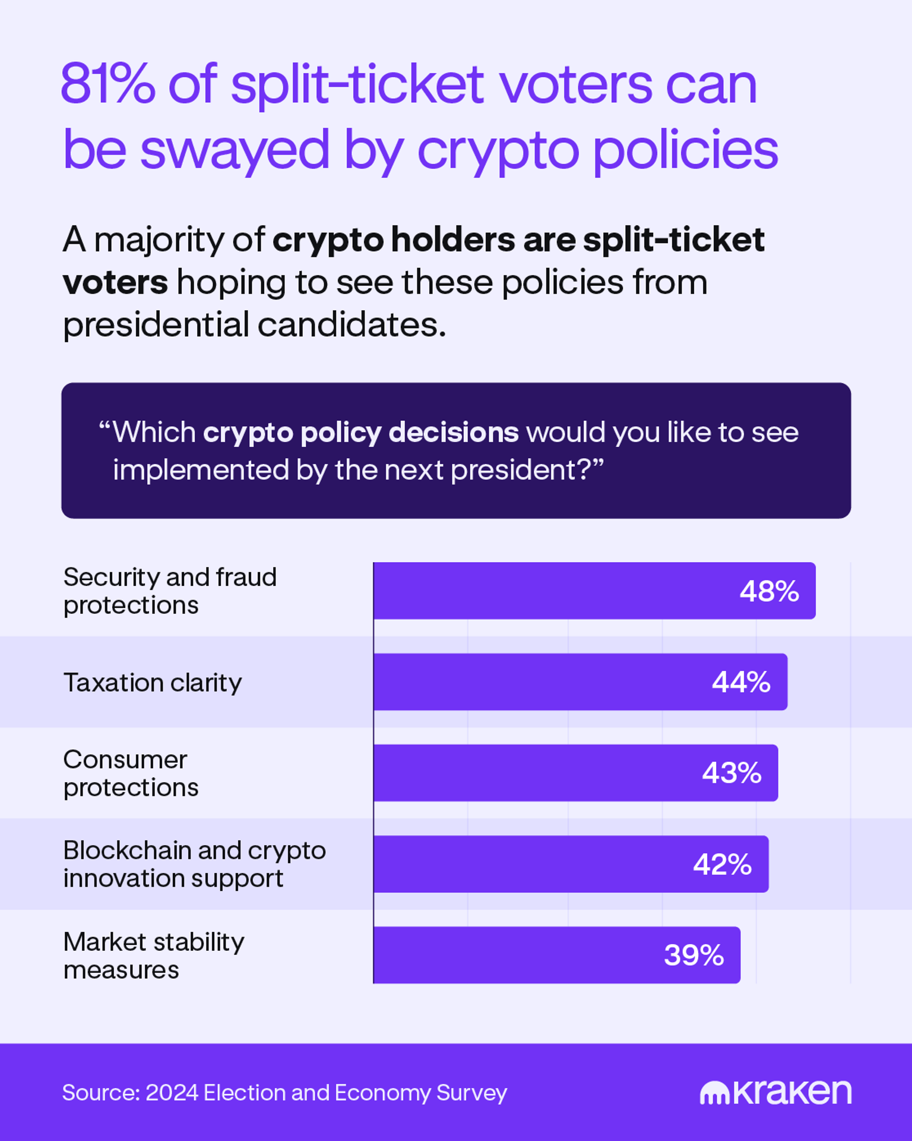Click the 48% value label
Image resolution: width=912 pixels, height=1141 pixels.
click(x=769, y=591)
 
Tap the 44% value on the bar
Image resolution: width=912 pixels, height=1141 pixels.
click(x=741, y=682)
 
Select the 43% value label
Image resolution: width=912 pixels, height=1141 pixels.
click(x=731, y=773)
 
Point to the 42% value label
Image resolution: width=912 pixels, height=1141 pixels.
click(x=722, y=864)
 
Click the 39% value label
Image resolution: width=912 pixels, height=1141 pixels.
click(x=693, y=956)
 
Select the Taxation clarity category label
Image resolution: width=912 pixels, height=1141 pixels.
click(x=153, y=683)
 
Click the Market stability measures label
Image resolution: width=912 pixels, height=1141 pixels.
click(x=153, y=956)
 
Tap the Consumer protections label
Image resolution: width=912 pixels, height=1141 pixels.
click(x=131, y=773)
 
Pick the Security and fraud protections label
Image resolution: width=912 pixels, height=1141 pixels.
click(x=170, y=591)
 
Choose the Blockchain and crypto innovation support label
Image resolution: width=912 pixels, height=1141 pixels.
click(x=194, y=864)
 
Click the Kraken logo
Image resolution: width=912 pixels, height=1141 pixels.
click(x=775, y=1092)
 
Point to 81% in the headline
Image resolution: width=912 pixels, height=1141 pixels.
click(x=107, y=84)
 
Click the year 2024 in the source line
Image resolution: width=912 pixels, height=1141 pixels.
click(x=172, y=1093)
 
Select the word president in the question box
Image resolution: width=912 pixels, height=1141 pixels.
click(x=512, y=470)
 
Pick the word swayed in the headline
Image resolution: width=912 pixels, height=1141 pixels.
click(x=235, y=150)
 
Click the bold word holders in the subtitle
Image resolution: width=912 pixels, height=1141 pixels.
click(x=453, y=240)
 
